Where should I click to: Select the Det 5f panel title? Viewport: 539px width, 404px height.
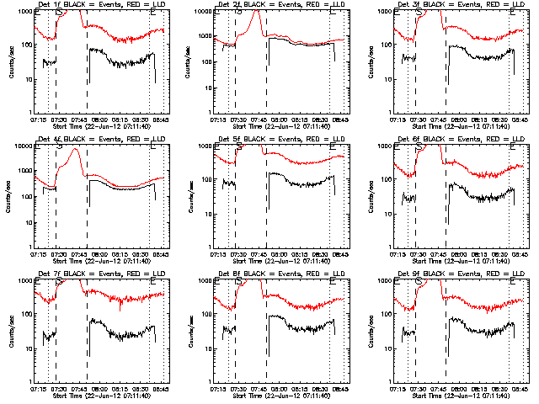tap(278, 139)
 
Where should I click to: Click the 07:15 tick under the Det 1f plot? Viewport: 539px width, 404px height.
tap(38, 120)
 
